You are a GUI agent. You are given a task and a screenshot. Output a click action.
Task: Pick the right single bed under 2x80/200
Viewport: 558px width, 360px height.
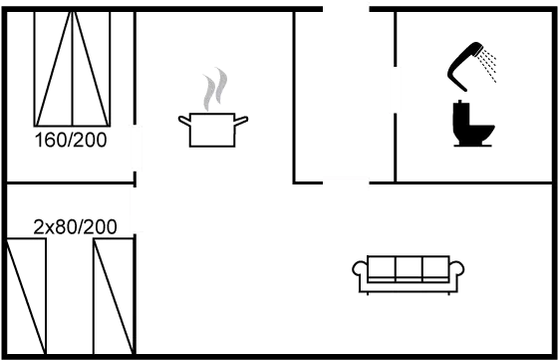[114, 296]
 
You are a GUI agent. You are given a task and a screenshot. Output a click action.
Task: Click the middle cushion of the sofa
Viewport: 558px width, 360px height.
[409, 266]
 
